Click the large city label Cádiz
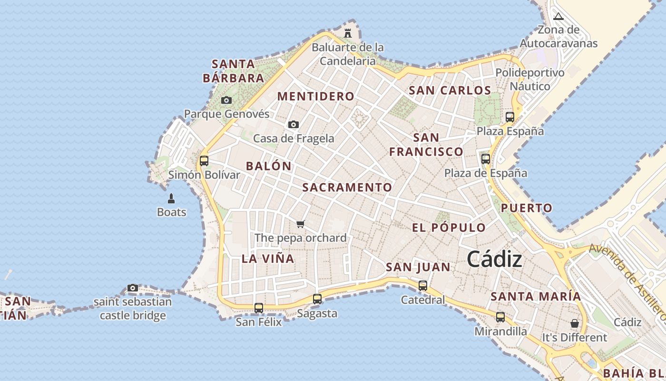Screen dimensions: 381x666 coord(494,260)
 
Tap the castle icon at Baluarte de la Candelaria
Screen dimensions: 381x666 coord(348,33)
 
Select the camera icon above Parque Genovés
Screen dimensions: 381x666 coord(226,100)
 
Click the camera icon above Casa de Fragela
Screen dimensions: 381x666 coord(294,124)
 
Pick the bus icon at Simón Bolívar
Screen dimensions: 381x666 coord(204,160)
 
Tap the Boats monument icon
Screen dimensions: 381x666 coord(171,198)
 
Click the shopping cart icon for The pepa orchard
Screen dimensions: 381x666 coord(300,224)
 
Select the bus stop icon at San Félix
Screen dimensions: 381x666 coord(259,308)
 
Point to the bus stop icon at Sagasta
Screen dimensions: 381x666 coord(317,299)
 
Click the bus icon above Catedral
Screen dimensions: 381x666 coord(423,286)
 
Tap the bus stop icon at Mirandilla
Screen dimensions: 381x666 coord(500,317)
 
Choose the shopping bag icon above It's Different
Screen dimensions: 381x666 coord(575,323)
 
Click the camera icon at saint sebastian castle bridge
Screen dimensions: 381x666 coord(133,288)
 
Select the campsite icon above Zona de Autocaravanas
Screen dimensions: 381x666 coord(558,16)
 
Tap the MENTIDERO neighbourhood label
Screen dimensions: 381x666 coord(316,96)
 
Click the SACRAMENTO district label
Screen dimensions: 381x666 coord(347,188)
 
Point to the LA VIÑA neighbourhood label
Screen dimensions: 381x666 coord(268,259)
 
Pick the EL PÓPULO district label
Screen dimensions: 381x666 coord(449,228)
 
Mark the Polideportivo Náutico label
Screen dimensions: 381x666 coord(530,80)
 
